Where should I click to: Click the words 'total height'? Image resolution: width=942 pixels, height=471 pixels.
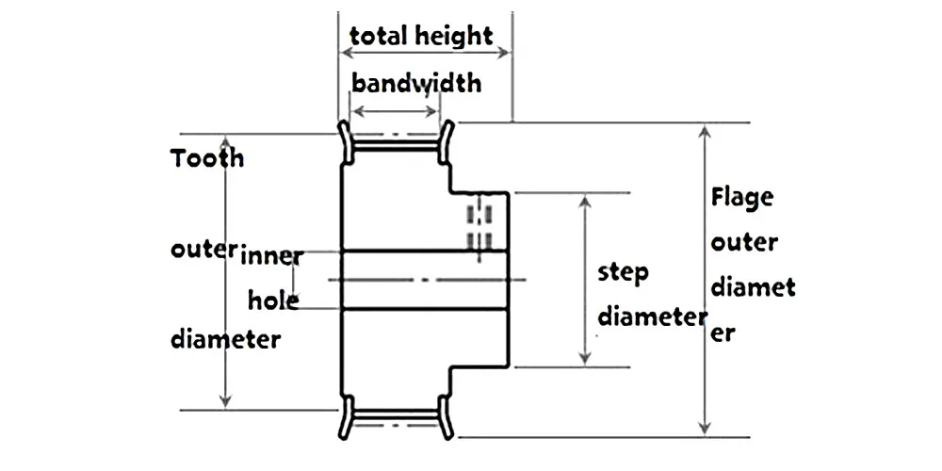(421, 36)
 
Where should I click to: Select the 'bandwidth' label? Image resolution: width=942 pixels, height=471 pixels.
(416, 83)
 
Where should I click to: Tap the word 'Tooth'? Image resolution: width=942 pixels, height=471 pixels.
(207, 157)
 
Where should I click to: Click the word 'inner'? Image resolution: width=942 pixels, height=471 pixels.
(272, 254)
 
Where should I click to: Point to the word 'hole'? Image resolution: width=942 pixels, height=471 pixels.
(273, 301)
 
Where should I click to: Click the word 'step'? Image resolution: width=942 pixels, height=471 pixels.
(624, 274)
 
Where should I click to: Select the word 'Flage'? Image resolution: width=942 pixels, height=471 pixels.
(742, 199)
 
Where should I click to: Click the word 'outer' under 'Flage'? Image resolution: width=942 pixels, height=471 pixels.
(744, 243)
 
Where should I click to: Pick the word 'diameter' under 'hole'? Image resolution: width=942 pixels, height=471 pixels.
(225, 338)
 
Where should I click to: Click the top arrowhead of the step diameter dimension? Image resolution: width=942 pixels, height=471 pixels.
(585, 202)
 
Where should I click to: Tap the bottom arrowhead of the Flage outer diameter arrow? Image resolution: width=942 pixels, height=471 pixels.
(704, 429)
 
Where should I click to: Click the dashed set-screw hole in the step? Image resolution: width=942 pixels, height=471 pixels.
(480, 222)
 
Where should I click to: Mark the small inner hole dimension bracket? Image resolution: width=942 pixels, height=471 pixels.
(294, 279)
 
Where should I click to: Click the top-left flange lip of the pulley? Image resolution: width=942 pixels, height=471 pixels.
(345, 139)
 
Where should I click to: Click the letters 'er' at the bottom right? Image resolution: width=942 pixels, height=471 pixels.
(723, 333)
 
